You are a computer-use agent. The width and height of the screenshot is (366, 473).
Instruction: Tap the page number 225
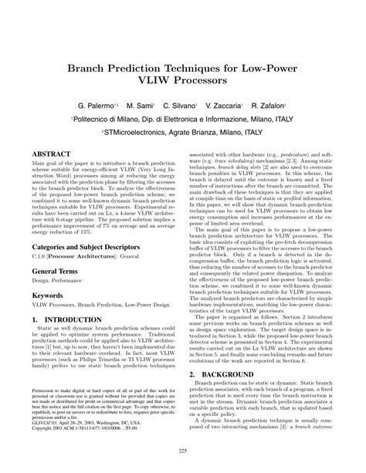183,451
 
